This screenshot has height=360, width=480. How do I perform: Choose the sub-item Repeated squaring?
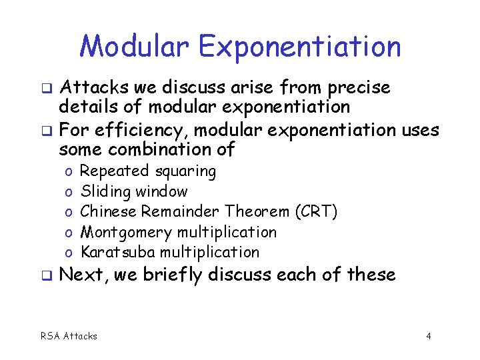(148, 171)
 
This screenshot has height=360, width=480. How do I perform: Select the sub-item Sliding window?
(134, 192)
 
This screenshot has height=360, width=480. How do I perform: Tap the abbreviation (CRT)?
(315, 212)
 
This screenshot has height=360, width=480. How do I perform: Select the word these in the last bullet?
(371, 274)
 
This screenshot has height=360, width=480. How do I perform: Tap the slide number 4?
(429, 336)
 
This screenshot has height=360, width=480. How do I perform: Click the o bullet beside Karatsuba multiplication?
(69, 253)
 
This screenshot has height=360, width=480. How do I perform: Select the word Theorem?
(255, 212)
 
